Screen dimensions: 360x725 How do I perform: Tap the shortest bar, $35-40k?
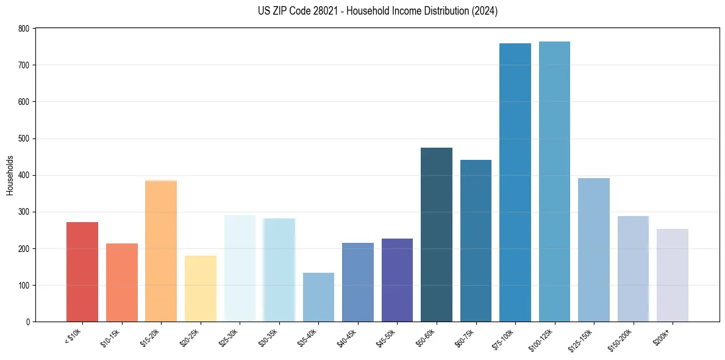pos(318,297)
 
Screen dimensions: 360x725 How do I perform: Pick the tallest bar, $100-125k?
pos(554,182)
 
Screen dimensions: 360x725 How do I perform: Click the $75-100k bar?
pos(515,182)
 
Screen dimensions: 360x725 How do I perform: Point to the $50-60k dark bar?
pos(437,235)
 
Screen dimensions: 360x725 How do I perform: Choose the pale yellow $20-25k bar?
pos(201,289)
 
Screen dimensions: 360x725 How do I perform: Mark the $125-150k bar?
pos(594,250)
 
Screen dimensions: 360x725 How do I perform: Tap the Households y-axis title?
pos(10,175)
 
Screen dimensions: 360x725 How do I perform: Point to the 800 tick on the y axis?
pos(23,29)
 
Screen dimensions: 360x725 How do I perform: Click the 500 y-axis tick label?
pos(23,139)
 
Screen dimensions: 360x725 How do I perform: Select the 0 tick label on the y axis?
pos(27,322)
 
